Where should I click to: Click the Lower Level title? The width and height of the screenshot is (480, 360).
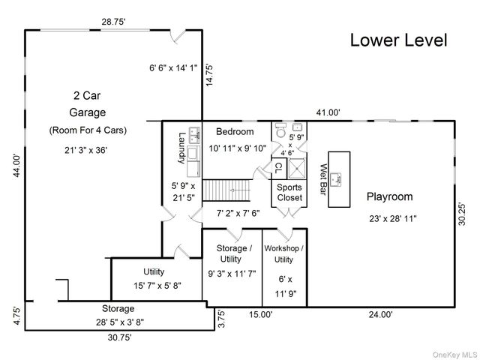click(398, 40)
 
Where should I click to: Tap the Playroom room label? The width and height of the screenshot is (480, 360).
click(390, 196)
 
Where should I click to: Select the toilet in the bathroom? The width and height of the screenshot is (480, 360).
click(280, 130)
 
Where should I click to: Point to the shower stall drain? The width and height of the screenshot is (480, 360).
click(296, 168)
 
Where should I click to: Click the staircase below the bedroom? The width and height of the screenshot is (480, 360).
click(226, 190)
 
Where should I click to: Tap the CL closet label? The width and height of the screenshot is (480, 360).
click(278, 168)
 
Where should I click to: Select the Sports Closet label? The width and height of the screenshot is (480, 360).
click(289, 192)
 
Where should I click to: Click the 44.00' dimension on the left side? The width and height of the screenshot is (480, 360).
click(16, 166)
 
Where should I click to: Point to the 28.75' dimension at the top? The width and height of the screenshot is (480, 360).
click(114, 22)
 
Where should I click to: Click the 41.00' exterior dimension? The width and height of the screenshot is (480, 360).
click(328, 112)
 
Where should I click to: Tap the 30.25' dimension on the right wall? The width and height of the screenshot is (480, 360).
click(462, 214)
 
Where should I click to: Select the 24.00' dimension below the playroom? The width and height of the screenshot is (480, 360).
click(380, 314)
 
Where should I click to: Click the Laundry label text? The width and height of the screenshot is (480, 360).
click(181, 148)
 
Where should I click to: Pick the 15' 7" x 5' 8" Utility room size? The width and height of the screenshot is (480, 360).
click(157, 286)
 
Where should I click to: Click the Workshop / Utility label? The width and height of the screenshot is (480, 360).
click(283, 253)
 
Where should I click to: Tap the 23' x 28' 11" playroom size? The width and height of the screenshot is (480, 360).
click(393, 218)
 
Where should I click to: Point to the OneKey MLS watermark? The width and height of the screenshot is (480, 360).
click(454, 355)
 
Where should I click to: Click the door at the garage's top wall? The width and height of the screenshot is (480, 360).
click(178, 36)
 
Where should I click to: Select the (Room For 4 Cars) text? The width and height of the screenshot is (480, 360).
click(88, 130)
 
